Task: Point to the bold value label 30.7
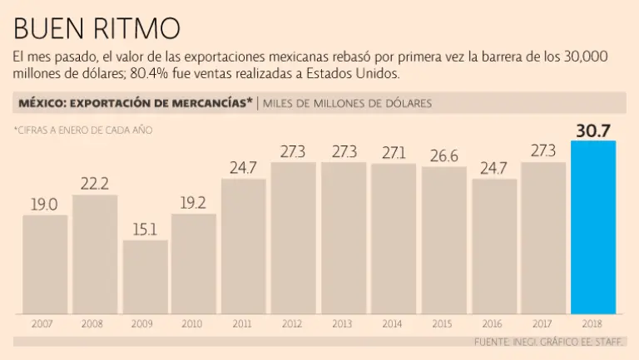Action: [593, 130]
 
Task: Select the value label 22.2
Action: [95, 184]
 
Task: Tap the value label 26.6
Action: [443, 155]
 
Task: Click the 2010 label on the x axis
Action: [193, 323]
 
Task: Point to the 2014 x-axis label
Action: [393, 323]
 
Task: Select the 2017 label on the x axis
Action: [543, 323]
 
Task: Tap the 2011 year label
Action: [243, 323]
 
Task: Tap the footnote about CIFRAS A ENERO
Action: [82, 130]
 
